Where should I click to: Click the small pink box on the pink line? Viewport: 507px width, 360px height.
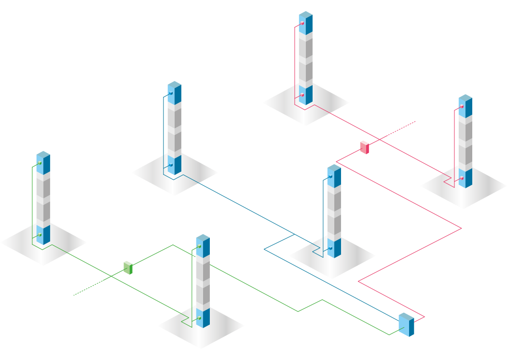(364, 147)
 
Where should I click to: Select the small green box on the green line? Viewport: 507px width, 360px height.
(128, 267)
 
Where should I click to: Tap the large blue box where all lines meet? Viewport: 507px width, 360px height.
(406, 325)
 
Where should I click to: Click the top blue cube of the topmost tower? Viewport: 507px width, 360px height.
(305, 23)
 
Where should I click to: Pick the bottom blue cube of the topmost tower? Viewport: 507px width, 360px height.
(305, 94)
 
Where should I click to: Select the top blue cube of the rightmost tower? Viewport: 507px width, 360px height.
(465, 106)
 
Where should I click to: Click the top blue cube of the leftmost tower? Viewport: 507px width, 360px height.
(43, 163)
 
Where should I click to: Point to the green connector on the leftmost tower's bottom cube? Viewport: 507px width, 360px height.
(40, 235)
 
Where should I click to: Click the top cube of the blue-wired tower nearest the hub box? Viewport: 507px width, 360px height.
(334, 176)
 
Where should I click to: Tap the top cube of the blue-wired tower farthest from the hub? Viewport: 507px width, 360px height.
(174, 93)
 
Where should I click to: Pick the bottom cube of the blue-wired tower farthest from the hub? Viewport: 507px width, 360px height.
(174, 164)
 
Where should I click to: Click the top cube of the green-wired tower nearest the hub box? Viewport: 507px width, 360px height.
(203, 246)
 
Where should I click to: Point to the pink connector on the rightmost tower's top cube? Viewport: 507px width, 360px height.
(462, 107)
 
